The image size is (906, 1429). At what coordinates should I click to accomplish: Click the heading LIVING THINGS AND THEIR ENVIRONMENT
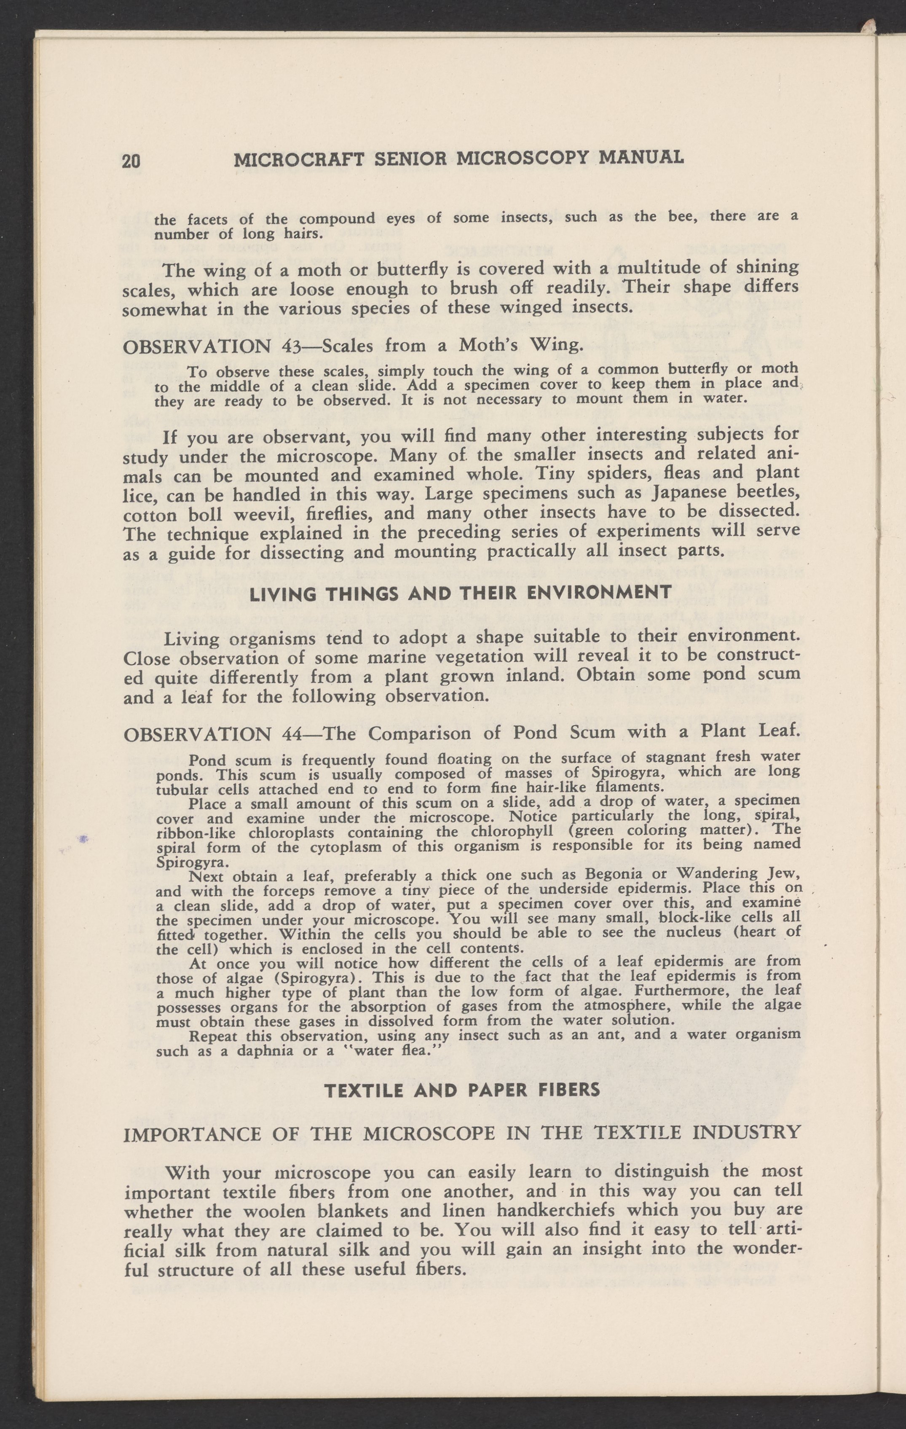(461, 592)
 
